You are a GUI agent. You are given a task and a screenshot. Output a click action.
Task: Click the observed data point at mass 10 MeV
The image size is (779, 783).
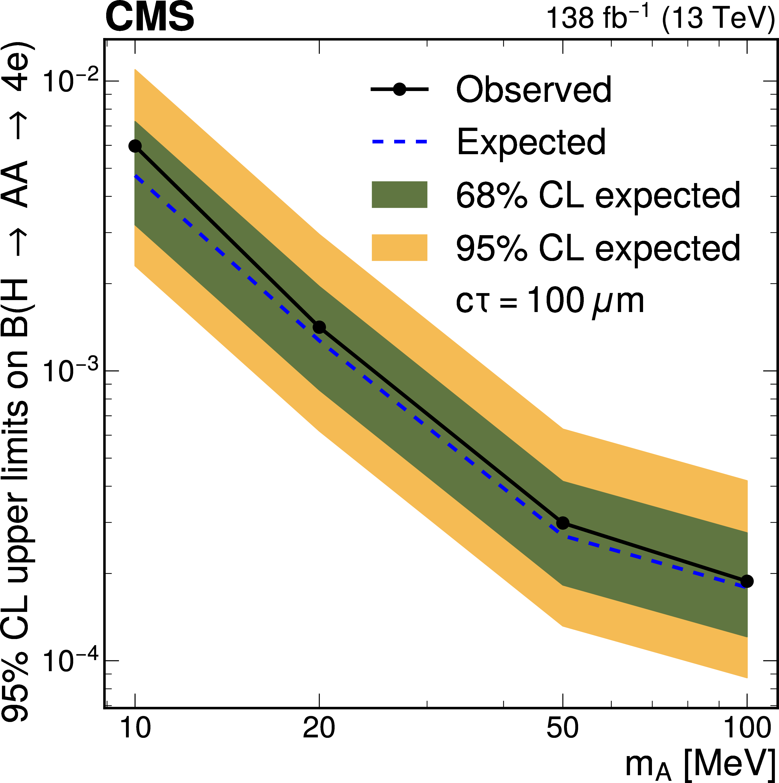point(135,146)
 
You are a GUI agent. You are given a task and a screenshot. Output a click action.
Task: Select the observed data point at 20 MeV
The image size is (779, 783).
point(319,327)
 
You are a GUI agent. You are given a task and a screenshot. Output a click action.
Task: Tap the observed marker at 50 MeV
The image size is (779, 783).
point(562,523)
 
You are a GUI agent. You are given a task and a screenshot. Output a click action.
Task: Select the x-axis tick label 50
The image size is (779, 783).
point(562,728)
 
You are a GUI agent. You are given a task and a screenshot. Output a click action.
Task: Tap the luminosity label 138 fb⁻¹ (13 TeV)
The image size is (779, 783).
point(661,18)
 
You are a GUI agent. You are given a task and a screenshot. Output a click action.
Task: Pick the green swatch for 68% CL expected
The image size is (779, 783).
point(399,195)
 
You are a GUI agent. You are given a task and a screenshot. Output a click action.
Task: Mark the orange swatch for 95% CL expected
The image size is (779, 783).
point(399,248)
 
